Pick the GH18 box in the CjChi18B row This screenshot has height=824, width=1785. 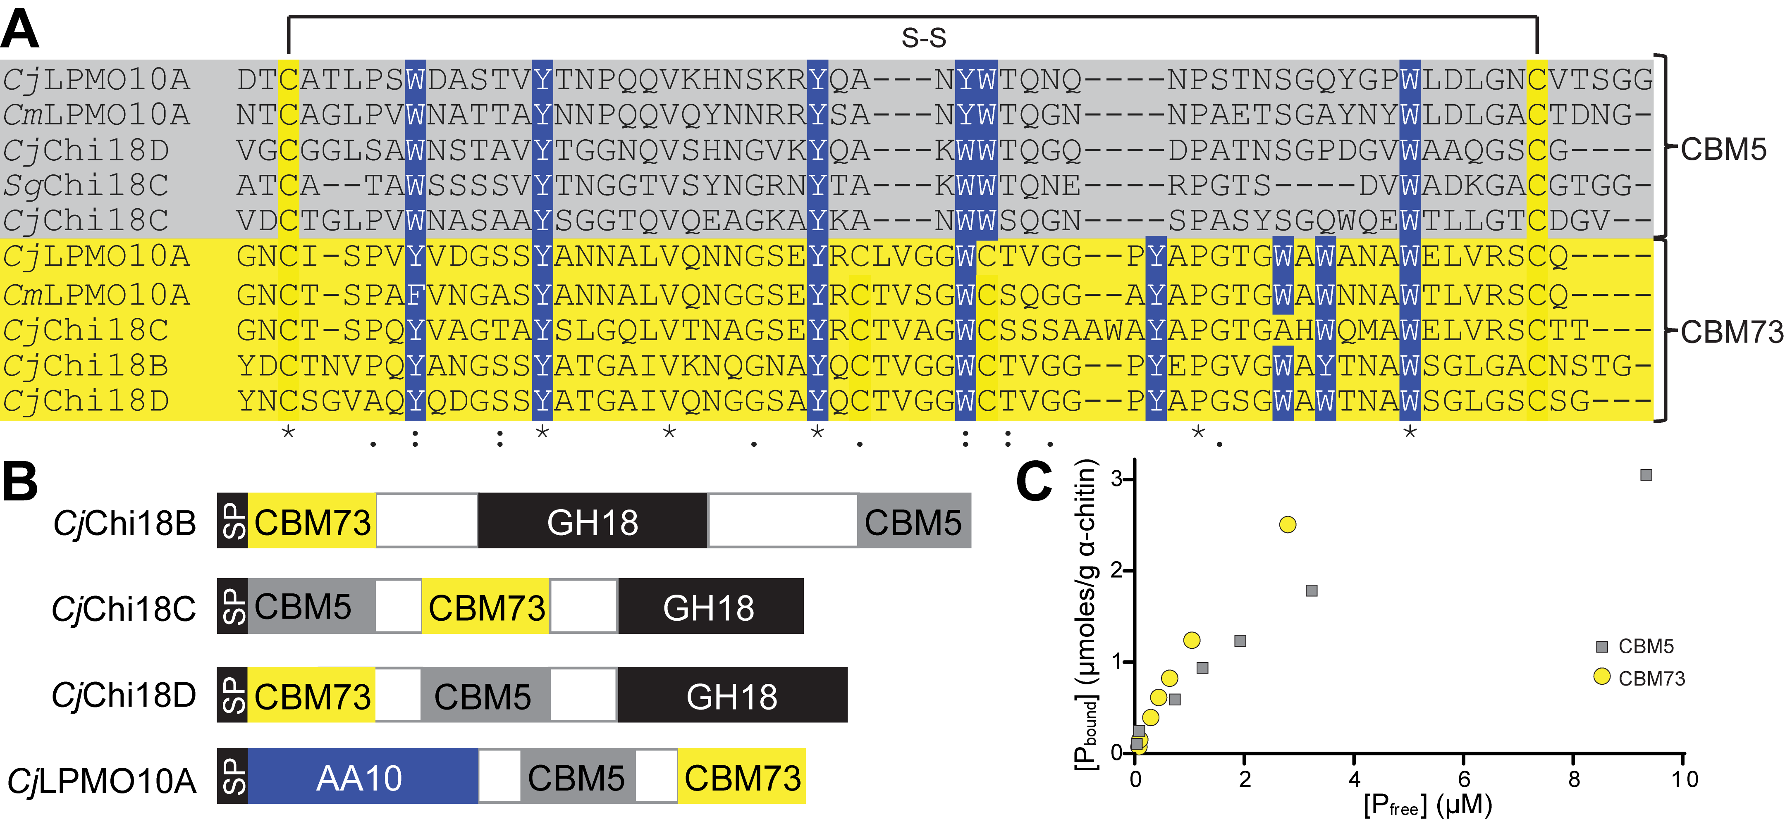pyautogui.click(x=593, y=522)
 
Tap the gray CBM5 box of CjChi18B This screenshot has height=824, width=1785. pyautogui.click(x=913, y=522)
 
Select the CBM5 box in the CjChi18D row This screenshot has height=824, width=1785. pyautogui.click(x=483, y=695)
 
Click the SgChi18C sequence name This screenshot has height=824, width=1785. pyautogui.click(x=86, y=185)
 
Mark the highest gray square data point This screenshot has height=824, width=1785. pyautogui.click(x=1646, y=475)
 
